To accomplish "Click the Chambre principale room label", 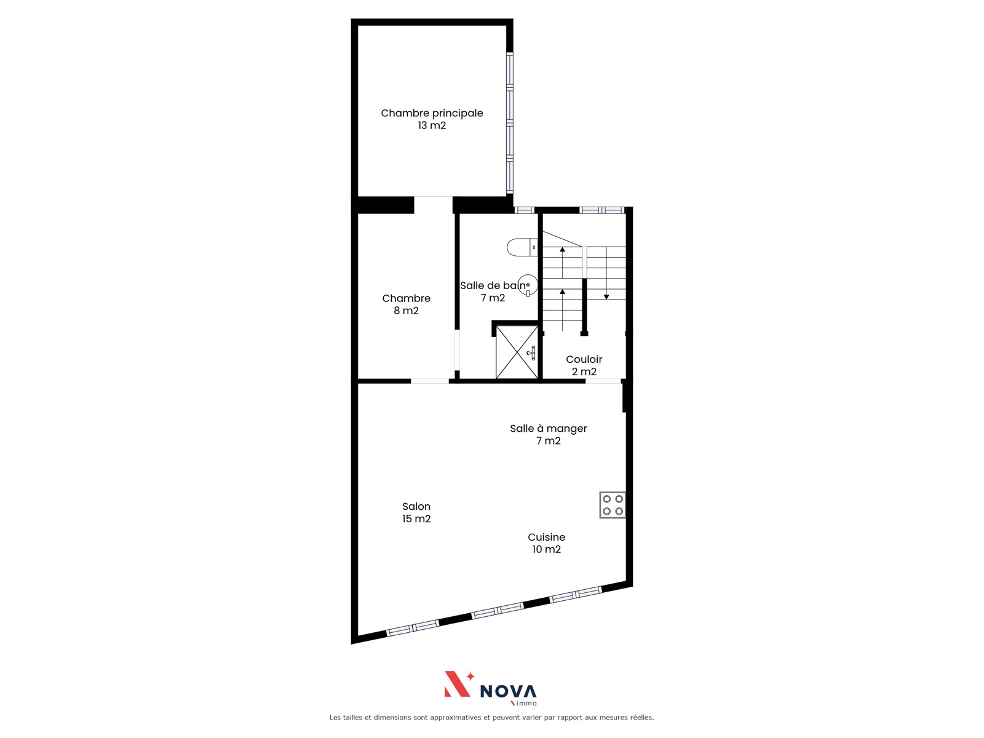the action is coord(432,113).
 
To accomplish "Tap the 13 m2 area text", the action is coord(432,125).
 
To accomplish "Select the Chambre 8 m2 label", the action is coord(406,304).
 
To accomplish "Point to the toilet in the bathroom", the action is coord(522,247).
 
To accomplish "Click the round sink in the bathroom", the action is coord(528,285).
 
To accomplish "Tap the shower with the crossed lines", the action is coord(517,352).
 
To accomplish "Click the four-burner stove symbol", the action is coord(613,505).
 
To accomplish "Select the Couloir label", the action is coord(584,359).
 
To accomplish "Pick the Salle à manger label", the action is coord(548,429).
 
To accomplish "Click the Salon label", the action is coord(416,506).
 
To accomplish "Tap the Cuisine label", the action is coord(546,537).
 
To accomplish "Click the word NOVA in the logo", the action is coord(508,691).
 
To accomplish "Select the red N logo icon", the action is coord(458,684).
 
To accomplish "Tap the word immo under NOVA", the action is coord(526,703).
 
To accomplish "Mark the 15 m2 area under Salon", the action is coord(416,518).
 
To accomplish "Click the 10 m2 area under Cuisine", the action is coord(546,549).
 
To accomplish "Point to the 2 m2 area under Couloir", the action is coord(584,371).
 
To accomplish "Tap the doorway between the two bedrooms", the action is coord(433,205).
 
